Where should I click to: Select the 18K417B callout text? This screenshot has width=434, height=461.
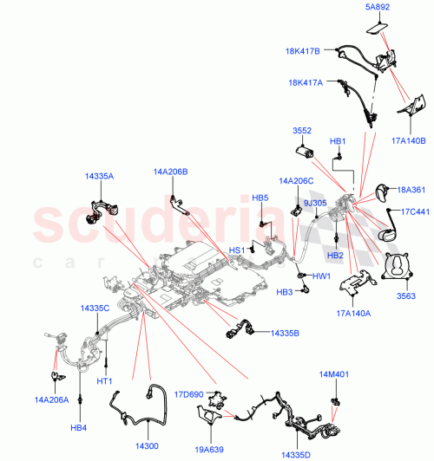click(x=303, y=51)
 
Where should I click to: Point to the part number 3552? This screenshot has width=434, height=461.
click(x=301, y=133)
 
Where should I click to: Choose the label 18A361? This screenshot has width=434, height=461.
click(x=411, y=191)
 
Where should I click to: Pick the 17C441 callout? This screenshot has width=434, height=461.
click(x=414, y=211)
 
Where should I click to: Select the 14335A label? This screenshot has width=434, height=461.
click(x=99, y=176)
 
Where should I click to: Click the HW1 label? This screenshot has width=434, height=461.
click(x=321, y=277)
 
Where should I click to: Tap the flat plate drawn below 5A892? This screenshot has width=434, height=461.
click(x=375, y=29)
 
